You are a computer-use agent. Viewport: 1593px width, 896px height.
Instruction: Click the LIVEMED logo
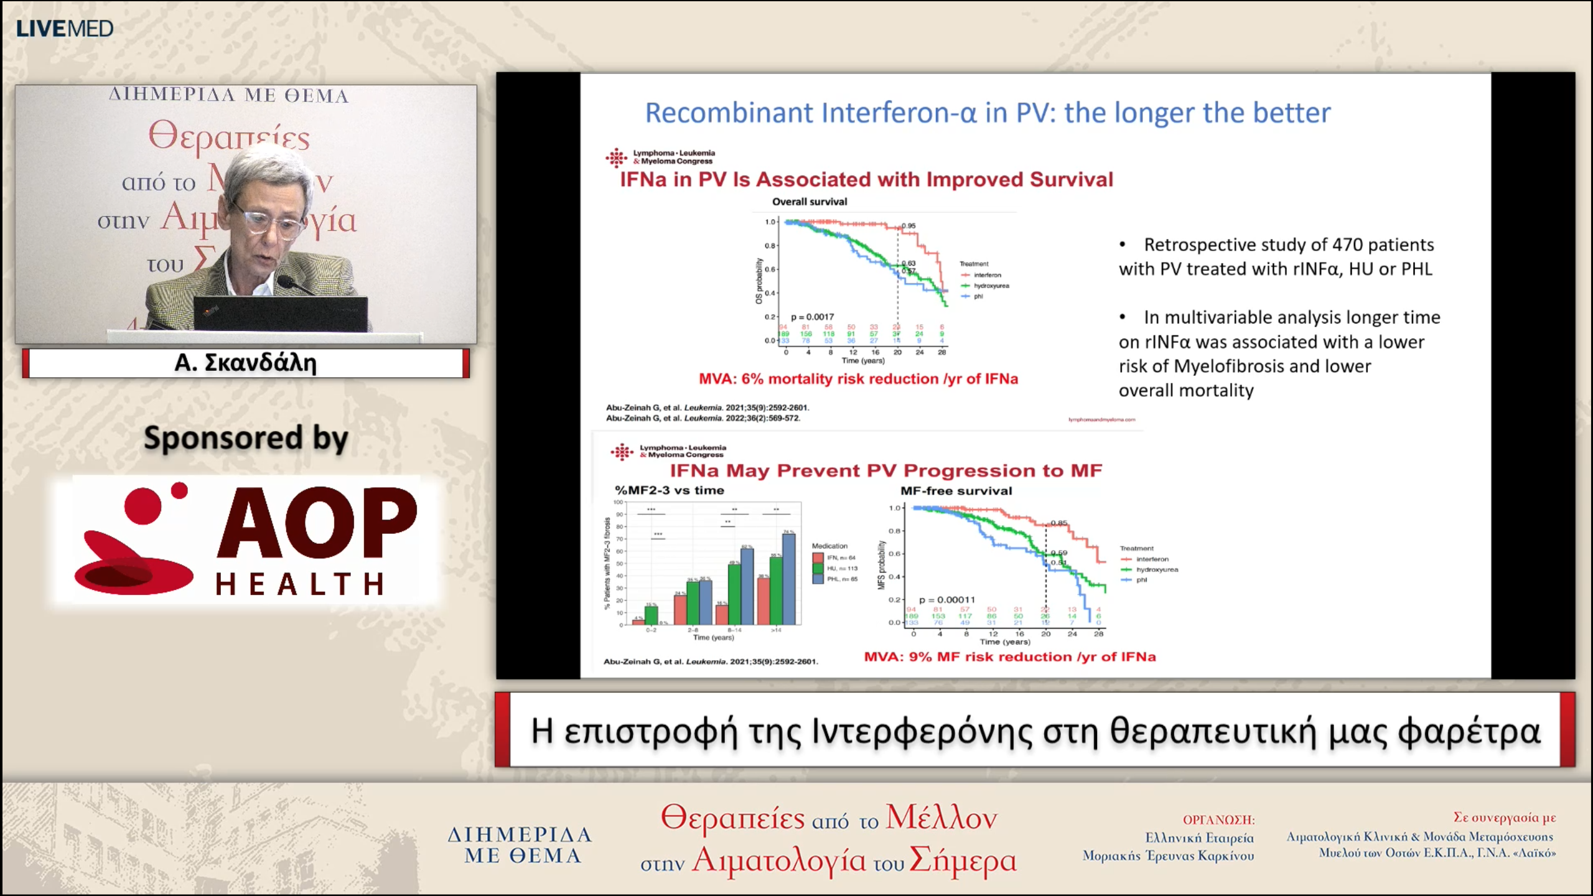click(65, 29)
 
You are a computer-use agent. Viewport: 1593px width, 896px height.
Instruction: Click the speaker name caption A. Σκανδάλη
click(245, 363)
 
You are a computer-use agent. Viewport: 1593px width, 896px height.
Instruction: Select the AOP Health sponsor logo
click(246, 539)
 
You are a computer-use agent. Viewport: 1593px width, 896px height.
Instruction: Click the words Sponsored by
click(246, 438)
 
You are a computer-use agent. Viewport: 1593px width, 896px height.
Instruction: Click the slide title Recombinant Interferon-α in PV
click(988, 113)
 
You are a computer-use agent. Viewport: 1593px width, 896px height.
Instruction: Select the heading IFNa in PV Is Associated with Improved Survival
click(866, 180)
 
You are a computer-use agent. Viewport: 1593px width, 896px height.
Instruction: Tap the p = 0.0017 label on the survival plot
click(813, 317)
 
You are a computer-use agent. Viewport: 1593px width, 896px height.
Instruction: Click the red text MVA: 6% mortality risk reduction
click(858, 379)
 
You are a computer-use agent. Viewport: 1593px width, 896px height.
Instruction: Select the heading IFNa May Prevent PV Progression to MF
click(885, 470)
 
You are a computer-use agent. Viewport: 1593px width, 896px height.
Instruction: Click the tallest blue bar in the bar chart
click(788, 579)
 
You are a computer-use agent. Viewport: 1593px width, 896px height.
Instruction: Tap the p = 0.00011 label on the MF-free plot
click(947, 600)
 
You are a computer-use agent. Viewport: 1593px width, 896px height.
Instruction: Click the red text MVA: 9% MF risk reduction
click(1009, 657)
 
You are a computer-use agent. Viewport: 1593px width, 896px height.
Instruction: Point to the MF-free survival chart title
click(956, 491)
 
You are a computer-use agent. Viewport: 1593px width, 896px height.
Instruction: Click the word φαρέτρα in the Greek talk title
click(1469, 731)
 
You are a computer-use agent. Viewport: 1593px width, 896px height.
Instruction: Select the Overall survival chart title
click(810, 202)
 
